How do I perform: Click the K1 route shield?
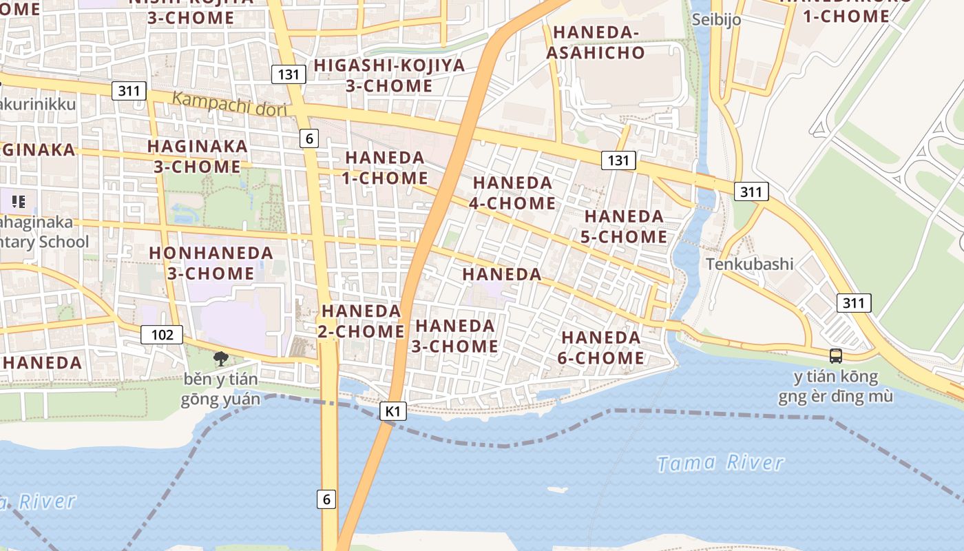coord(392,411)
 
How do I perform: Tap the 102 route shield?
coord(162,335)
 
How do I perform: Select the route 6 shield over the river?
coord(326,499)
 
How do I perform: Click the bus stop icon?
coord(835,356)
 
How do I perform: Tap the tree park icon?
coord(220,357)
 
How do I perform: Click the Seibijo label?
coord(717,19)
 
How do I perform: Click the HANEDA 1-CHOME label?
coord(385,167)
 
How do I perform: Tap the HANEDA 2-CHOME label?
coord(361,321)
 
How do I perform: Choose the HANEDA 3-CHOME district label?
coord(454,335)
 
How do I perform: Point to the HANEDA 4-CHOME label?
coord(513,193)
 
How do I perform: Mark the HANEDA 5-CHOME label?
coord(625,227)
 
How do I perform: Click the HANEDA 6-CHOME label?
coord(602,348)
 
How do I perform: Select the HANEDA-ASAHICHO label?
coord(598,42)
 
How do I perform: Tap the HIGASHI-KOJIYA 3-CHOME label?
coord(389,76)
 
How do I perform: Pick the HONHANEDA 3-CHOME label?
coord(211,263)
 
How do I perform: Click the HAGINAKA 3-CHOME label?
coord(197,156)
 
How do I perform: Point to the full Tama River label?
coord(720,463)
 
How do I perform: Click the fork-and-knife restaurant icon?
coord(19,202)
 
